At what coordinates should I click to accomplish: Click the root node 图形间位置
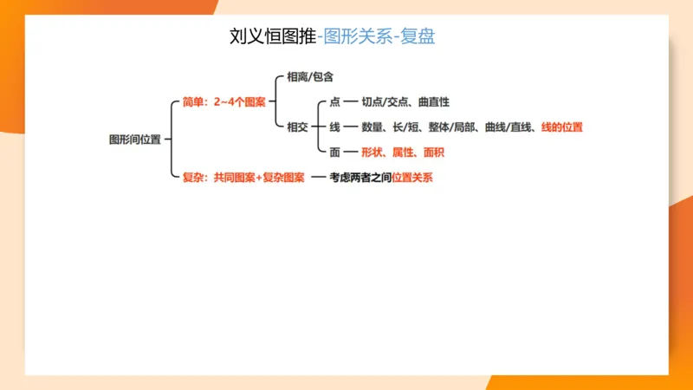tap(134, 140)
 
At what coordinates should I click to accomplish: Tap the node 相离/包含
tap(309, 77)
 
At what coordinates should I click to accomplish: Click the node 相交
tap(297, 127)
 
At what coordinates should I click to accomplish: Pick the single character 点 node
tap(335, 102)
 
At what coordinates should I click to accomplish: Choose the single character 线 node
tap(335, 127)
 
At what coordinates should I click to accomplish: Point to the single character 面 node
tap(335, 152)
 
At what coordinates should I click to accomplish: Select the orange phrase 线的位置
tap(561, 127)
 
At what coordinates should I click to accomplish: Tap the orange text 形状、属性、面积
tap(402, 152)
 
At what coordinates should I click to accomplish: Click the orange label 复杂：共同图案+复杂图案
tap(243, 178)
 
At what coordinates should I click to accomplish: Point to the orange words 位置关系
tap(412, 178)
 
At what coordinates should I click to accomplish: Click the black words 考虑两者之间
tap(360, 178)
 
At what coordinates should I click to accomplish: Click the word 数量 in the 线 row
tap(372, 127)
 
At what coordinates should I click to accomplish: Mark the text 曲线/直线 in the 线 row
tap(508, 127)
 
